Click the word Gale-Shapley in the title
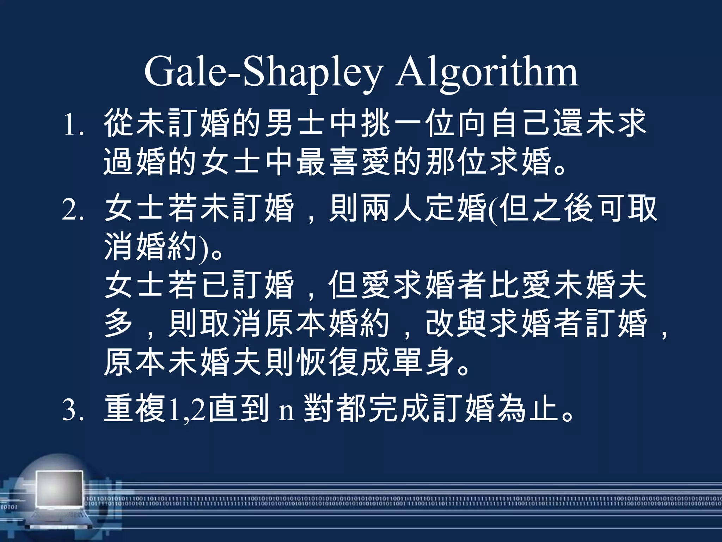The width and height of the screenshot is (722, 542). coord(263,72)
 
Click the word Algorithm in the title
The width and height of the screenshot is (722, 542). coord(487,72)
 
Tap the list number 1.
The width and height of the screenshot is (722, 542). coord(72,124)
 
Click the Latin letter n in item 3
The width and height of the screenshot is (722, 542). coord(286,411)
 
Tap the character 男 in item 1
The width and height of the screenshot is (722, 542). coord(280,123)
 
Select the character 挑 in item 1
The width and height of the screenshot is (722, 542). coord(376,123)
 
